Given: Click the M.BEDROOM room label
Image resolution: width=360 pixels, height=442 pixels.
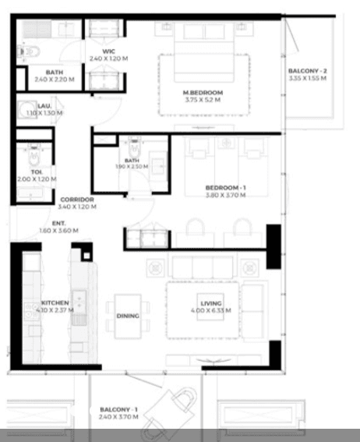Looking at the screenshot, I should (x=202, y=92).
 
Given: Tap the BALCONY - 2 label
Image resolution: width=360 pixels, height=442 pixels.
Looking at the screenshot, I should (x=308, y=71).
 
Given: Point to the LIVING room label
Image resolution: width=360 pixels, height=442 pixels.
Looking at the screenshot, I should (x=211, y=303).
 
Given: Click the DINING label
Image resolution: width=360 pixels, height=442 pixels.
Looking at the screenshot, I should (x=128, y=316).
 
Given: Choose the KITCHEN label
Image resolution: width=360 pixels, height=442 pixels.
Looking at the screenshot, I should (x=55, y=302).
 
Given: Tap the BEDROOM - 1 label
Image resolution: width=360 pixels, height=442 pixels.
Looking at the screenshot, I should (x=225, y=188).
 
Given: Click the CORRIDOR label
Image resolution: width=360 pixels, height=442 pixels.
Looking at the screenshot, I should (x=77, y=200).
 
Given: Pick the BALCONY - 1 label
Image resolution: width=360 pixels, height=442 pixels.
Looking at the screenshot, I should (x=118, y=409).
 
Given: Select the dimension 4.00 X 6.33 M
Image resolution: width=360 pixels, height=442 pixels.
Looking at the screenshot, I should (x=211, y=310).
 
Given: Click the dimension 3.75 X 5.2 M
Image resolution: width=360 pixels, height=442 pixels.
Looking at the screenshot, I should (x=202, y=100).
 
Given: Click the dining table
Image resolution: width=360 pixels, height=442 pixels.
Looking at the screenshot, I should (x=128, y=316).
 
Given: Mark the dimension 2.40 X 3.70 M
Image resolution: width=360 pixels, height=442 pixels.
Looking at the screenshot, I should (x=118, y=417).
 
